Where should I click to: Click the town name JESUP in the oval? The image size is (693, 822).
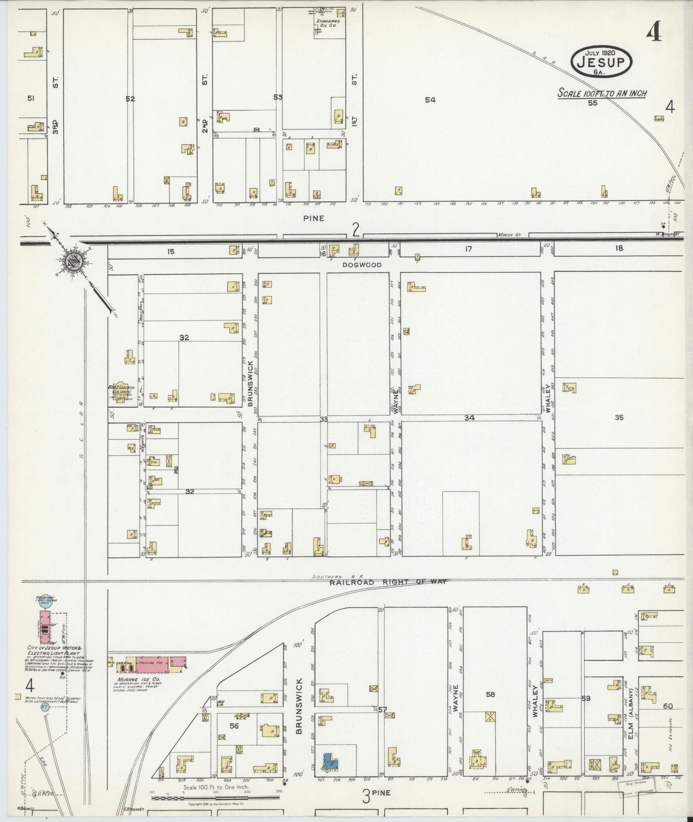coord(601,62)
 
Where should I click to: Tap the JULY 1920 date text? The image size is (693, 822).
coord(600,52)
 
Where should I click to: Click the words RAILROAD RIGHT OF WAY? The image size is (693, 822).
coord(388,582)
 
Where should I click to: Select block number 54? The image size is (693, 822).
coord(430,100)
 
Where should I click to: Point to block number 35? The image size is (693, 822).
coord(619,417)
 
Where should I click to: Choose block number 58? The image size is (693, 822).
coord(490,694)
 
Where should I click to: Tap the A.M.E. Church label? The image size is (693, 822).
coord(121,389)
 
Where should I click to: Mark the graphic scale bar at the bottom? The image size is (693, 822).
coord(215,798)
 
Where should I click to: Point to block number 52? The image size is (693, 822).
coord(130,99)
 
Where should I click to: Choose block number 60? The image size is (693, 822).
coord(668,706)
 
